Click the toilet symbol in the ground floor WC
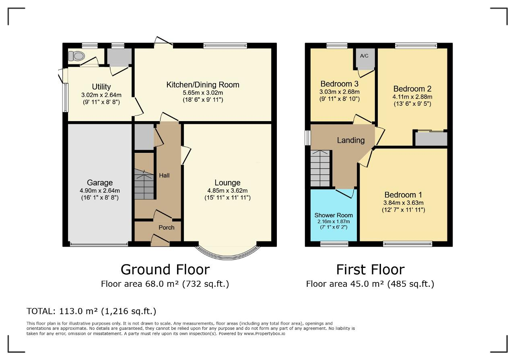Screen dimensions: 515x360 click(x=76, y=56)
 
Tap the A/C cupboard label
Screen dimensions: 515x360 click(x=364, y=56)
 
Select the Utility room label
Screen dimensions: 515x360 click(x=101, y=86)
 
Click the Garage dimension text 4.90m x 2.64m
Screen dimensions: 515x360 click(x=100, y=191)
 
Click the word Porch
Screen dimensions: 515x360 click(x=167, y=227)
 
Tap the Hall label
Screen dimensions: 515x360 click(x=164, y=175)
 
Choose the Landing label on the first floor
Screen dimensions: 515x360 click(x=351, y=140)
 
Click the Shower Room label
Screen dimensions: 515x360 click(x=334, y=215)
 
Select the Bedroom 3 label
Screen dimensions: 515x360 click(x=339, y=84)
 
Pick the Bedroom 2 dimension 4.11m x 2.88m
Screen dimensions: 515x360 click(x=412, y=97)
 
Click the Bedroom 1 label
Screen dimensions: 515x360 click(x=403, y=195)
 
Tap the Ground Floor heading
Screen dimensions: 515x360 click(x=165, y=269)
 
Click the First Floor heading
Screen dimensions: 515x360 click(x=371, y=269)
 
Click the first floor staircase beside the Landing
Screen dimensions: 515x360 click(x=320, y=169)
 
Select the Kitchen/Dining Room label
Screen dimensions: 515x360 click(x=203, y=84)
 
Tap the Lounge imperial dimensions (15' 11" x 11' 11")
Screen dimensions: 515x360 click(x=227, y=198)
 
